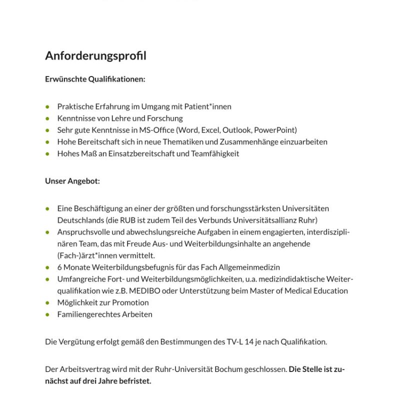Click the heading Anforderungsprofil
tap(95, 55)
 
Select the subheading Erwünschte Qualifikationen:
tap(95, 79)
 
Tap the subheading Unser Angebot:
tap(72, 181)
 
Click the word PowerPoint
tap(276, 130)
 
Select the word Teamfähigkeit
tap(214, 153)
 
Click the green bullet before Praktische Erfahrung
tap(47, 106)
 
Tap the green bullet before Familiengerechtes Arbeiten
tap(47, 314)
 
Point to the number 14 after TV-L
tap(249, 342)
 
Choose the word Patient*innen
tap(207, 106)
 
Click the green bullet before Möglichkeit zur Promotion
tap(47, 302)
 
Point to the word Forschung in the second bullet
tap(165, 118)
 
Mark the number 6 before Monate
tap(59, 267)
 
